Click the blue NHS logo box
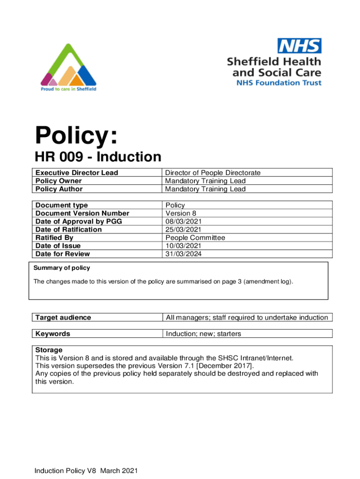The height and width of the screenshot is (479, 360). pyautogui.click(x=300, y=46)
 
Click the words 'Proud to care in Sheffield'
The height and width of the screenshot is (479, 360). pyautogui.click(x=68, y=89)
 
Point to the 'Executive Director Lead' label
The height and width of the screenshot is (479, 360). pyautogui.click(x=77, y=173)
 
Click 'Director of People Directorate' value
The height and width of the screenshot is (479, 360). pyautogui.click(x=213, y=173)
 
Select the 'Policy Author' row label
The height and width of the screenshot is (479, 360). pyautogui.click(x=59, y=189)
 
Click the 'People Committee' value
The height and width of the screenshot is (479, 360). pyautogui.click(x=195, y=238)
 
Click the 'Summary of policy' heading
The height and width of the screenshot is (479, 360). pyautogui.click(x=62, y=268)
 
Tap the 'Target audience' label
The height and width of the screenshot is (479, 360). pyautogui.click(x=63, y=318)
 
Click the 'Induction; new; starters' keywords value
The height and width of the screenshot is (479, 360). pyautogui.click(x=203, y=334)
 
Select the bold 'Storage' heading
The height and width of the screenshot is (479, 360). pyautogui.click(x=49, y=350)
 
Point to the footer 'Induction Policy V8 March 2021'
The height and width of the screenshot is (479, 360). pyautogui.click(x=86, y=471)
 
